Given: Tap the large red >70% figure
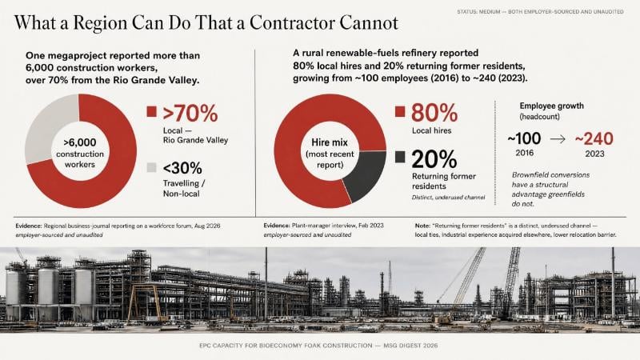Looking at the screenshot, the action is click(190, 114).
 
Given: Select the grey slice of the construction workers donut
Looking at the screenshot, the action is click(51, 126).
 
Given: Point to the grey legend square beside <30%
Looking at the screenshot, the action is click(151, 167).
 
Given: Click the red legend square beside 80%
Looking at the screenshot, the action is click(400, 111).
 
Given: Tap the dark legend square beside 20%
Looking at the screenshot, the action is click(400, 157).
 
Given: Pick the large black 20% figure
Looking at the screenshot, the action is click(434, 159).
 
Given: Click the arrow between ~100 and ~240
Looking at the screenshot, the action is click(558, 139).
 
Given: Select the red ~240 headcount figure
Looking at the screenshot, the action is click(594, 138).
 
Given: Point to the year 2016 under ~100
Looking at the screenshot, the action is click(525, 153).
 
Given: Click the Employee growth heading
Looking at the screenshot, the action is click(551, 106).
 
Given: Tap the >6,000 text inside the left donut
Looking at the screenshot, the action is click(80, 142).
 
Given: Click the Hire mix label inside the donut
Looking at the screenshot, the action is click(330, 142).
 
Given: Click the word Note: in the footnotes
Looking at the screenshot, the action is click(422, 226).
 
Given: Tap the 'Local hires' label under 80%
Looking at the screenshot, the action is click(431, 131).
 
